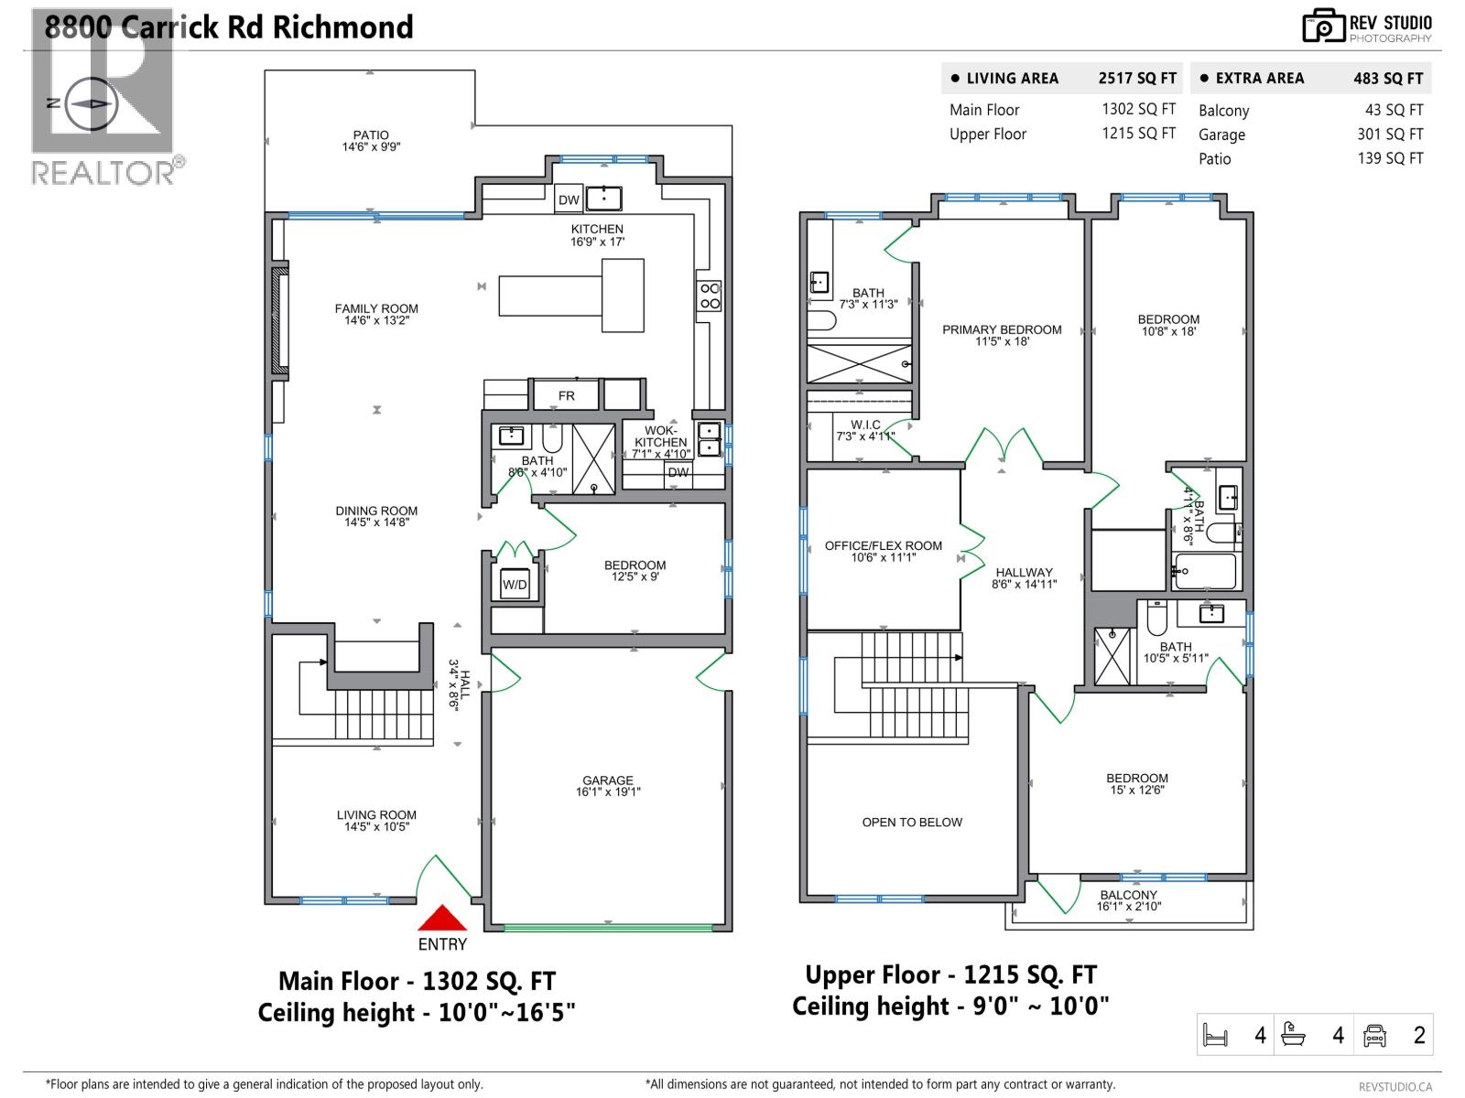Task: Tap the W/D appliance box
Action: tap(515, 585)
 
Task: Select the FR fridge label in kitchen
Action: tap(567, 395)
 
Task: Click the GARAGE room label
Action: tap(608, 781)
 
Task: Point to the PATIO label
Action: tap(371, 135)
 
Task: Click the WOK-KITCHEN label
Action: tap(660, 436)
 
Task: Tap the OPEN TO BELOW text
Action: tap(912, 822)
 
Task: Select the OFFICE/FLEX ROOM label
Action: tap(883, 545)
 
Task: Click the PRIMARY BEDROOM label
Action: tap(1002, 329)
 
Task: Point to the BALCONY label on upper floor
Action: tap(1128, 895)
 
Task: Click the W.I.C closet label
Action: tap(865, 425)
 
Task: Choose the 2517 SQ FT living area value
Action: tap(1137, 79)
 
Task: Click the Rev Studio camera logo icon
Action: tap(1323, 27)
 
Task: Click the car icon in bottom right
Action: tap(1374, 1035)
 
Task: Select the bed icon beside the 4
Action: tap(1215, 1036)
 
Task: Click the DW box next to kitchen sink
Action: tap(569, 199)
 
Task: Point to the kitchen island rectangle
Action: tap(570, 296)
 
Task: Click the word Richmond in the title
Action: tap(342, 27)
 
